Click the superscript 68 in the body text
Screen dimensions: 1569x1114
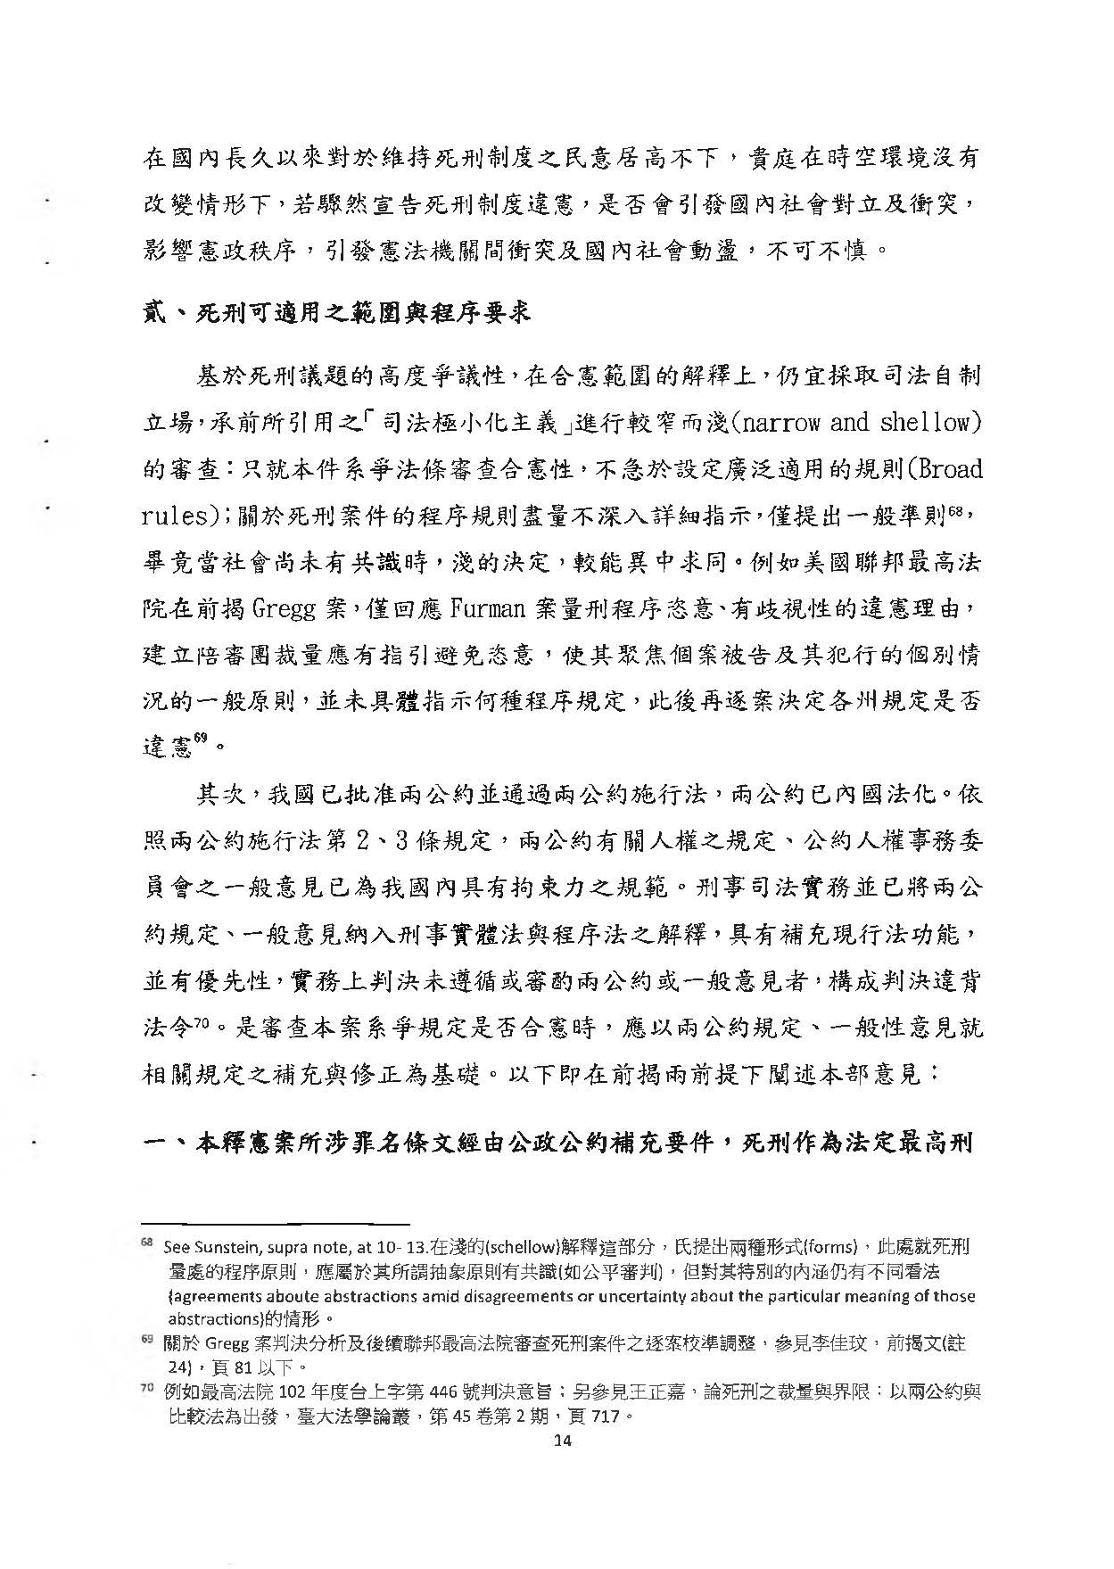[x=957, y=511]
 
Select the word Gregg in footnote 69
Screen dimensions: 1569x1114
[x=227, y=1344]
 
